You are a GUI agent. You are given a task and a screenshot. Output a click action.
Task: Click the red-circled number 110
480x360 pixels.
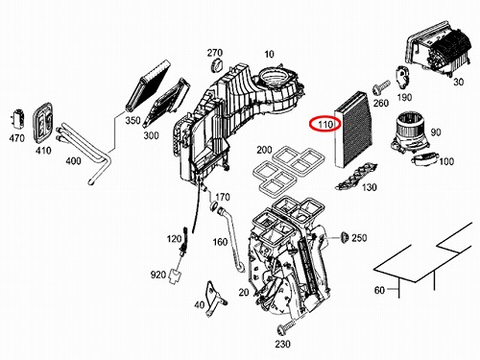coord(325,124)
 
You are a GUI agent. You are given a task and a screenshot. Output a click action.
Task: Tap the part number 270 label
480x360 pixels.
coord(215,53)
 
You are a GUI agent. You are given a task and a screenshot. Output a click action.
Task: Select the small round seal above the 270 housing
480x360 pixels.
coord(216,65)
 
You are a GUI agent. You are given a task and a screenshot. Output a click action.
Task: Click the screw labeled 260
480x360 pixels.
coord(381,87)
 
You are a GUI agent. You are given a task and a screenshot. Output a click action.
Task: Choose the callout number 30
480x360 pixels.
coord(458,82)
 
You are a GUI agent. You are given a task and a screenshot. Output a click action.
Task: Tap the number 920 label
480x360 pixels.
coord(158,275)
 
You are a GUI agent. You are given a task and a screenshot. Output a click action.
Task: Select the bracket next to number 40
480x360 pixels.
coord(216,299)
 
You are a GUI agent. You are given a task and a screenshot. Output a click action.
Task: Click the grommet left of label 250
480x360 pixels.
coord(345,237)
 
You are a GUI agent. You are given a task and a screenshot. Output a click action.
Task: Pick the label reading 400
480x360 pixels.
coord(73,160)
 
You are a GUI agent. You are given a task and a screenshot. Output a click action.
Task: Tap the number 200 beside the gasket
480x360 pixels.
coord(264,150)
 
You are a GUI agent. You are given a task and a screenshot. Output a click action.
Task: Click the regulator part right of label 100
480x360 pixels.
coord(423,158)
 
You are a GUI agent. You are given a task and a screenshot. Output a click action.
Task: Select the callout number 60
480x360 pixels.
coord(379,290)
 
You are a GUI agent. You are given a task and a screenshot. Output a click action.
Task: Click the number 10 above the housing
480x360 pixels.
coord(269,54)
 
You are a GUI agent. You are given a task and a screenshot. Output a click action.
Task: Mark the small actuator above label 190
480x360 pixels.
coord(403,77)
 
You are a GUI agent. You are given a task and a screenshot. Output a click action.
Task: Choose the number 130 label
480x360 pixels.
coord(370,187)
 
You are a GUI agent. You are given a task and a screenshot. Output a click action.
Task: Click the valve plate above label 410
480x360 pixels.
coord(42,123)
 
